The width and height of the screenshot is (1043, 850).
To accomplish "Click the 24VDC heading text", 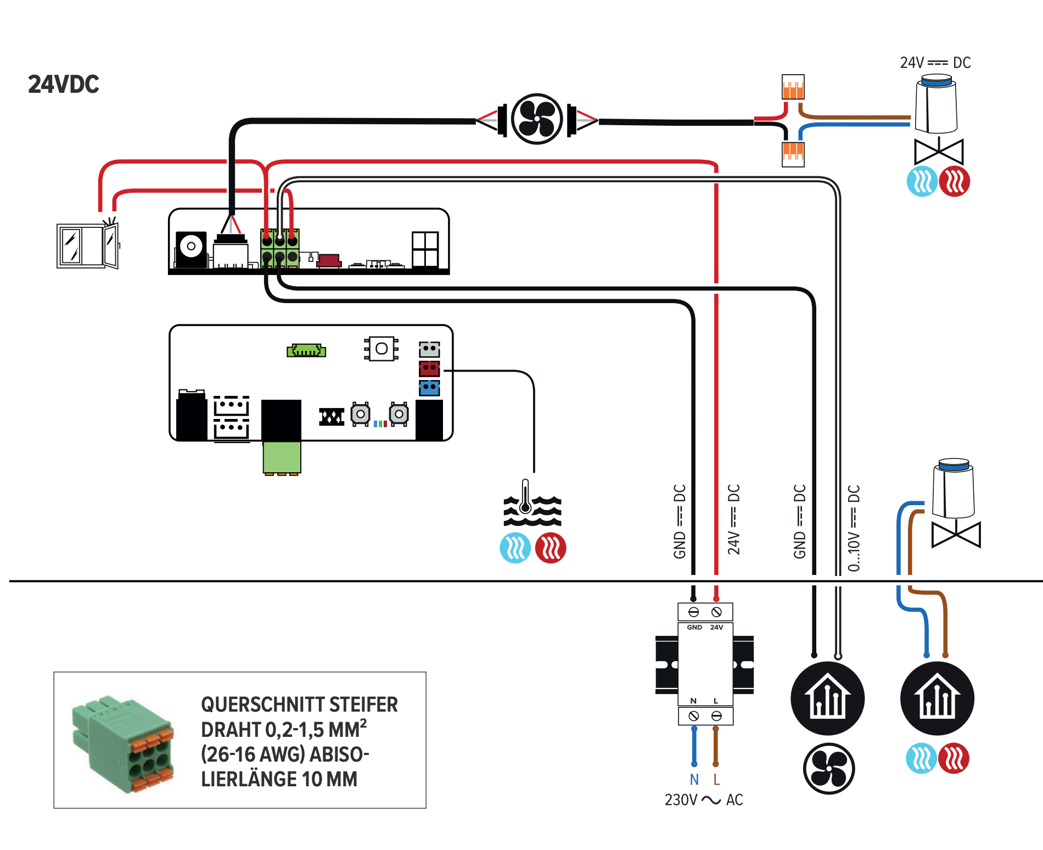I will coord(64,84).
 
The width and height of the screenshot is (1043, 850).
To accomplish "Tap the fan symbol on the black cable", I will coord(537,119).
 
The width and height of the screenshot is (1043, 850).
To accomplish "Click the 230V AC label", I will coord(703,799).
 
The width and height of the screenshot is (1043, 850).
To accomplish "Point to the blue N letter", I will coord(694,779).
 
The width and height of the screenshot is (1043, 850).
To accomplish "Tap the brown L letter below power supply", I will coord(716,779).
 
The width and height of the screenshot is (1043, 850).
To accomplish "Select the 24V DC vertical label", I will coord(734,519).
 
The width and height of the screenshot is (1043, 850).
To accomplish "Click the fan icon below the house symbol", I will coord(828,769).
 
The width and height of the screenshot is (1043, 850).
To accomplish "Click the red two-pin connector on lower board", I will coord(429,368).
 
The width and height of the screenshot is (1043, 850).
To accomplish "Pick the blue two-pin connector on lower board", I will coord(429,388).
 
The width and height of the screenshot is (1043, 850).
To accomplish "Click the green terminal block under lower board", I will coord(282,457).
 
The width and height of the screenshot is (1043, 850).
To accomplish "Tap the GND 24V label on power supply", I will coord(705,627).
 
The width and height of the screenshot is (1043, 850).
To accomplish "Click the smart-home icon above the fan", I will coord(828,698).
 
